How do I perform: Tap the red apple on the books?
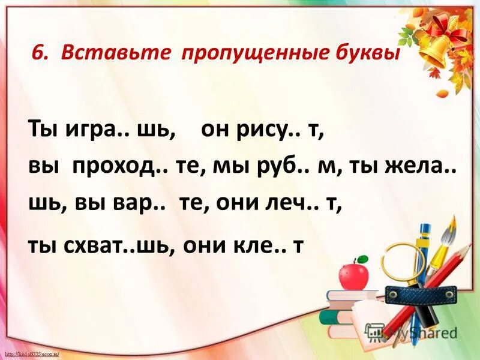(353, 275)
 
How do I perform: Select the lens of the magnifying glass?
(403, 262)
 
